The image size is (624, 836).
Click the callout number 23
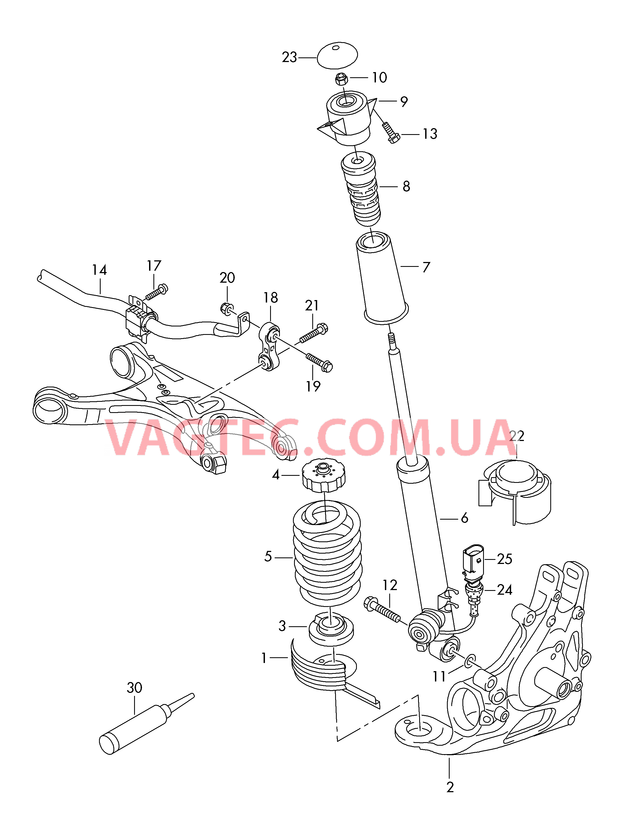click(289, 57)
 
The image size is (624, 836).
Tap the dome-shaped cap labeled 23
click(337, 55)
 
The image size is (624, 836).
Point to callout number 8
click(406, 186)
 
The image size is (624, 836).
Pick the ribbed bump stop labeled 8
click(361, 189)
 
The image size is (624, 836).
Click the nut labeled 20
click(226, 309)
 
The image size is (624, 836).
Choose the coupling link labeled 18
click(269, 346)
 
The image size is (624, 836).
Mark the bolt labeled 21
click(314, 333)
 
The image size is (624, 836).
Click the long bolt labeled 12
click(382, 609)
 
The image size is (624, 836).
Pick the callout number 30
click(134, 687)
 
